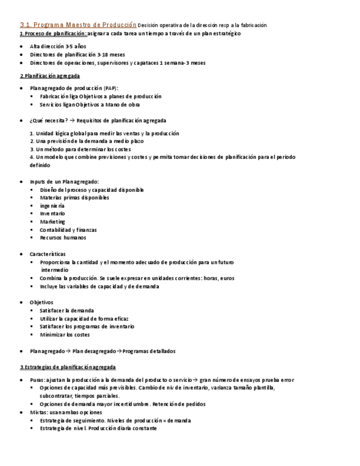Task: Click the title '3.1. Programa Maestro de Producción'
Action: point(77,25)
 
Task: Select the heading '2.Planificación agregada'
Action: point(50,76)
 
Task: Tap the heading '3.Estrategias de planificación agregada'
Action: point(68,367)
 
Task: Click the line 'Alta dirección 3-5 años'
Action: point(58,47)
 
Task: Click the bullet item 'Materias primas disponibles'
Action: point(74,198)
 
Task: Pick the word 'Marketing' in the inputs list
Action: point(52,222)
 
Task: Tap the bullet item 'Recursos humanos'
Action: point(63,238)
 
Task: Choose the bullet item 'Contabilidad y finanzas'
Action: point(68,230)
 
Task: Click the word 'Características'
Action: point(48,254)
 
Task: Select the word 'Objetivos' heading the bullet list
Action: point(42,302)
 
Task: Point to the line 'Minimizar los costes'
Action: point(65,335)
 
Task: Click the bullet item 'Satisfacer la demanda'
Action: point(67,310)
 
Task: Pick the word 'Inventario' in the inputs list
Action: point(52,214)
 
